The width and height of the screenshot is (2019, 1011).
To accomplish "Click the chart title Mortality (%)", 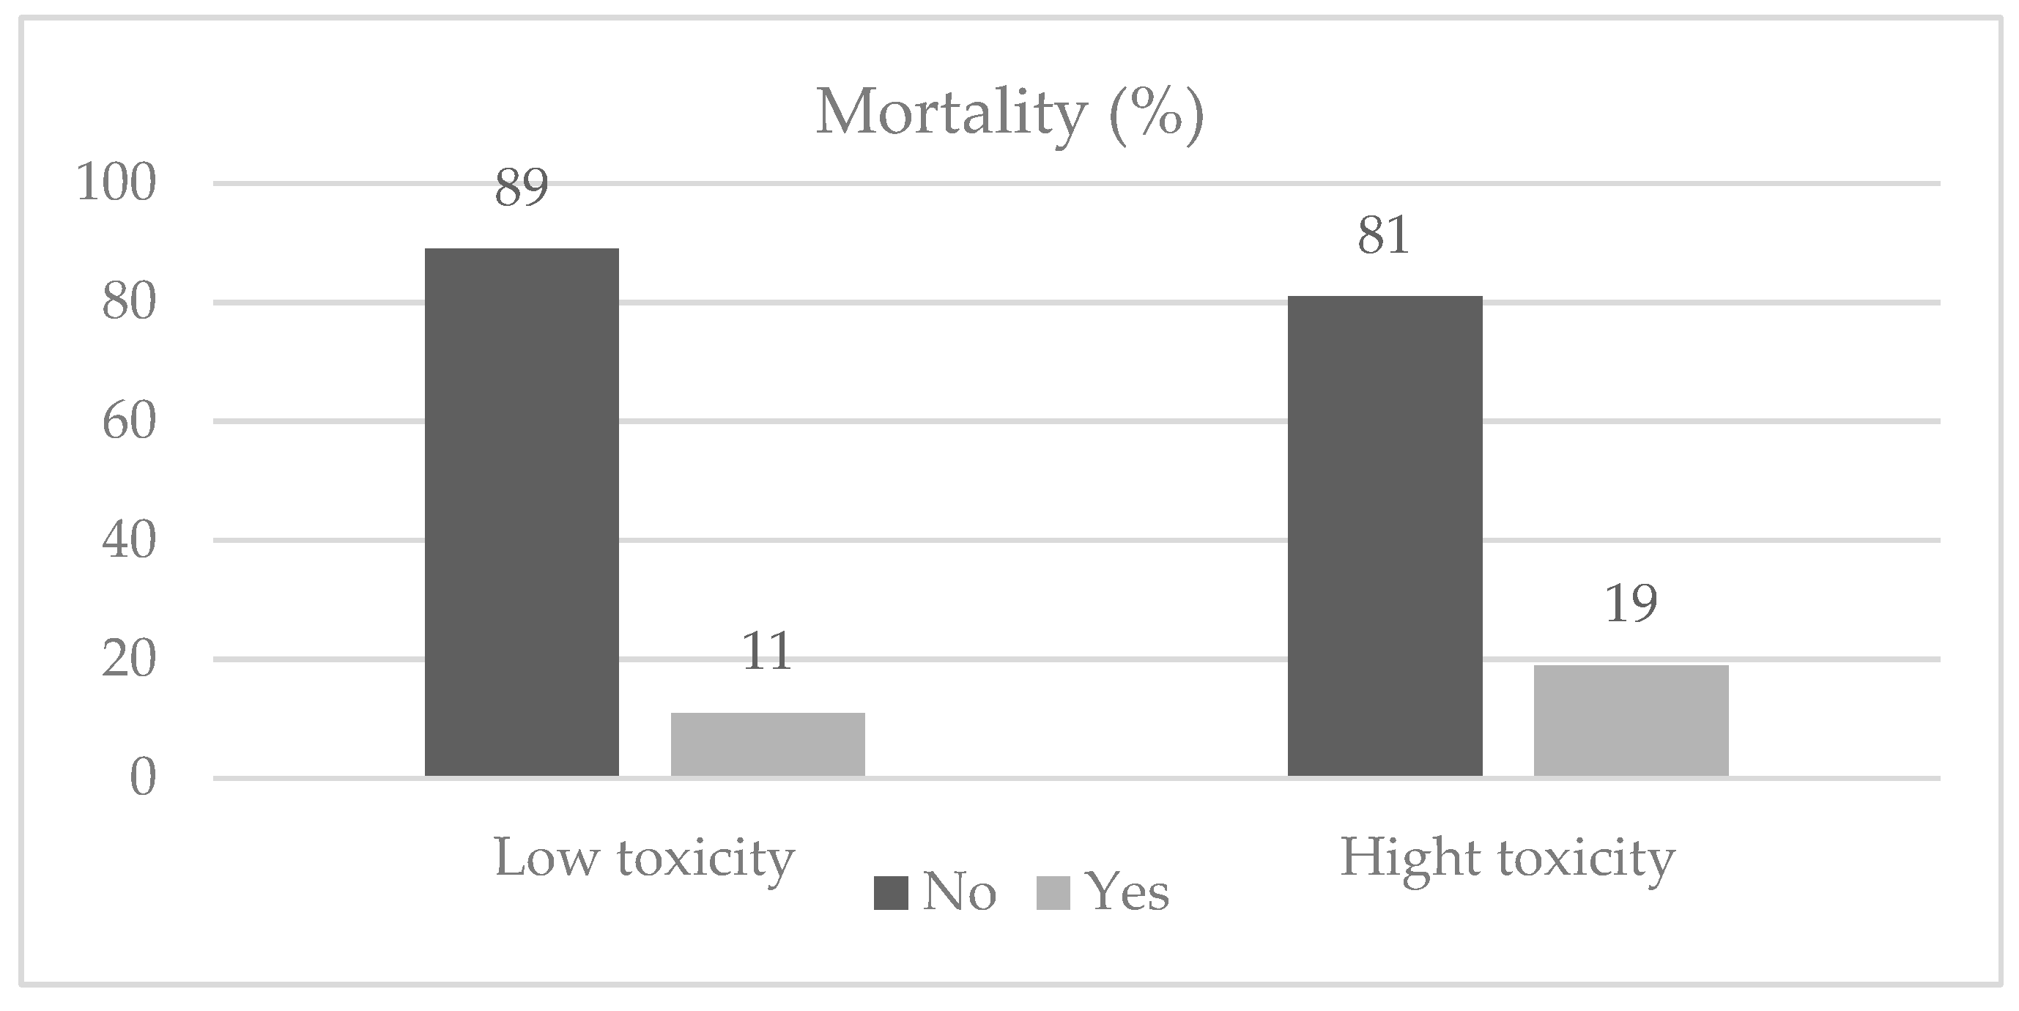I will [x=1009, y=115].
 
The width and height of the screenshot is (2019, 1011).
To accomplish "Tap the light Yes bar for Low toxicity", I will [x=767, y=744].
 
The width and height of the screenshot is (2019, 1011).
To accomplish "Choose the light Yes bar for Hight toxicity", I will [x=1631, y=720].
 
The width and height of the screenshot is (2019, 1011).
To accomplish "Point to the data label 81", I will [x=1384, y=236].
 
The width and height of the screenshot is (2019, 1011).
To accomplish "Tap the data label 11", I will [x=767, y=652].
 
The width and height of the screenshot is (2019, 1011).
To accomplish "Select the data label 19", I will [x=1631, y=604].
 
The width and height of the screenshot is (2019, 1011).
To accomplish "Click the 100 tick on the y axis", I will [x=116, y=184].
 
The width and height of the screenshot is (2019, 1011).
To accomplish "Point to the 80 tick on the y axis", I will [x=130, y=303].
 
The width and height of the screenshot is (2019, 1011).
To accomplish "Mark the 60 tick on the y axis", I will [x=130, y=422].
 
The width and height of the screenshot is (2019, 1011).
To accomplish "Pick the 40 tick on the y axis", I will [x=130, y=541].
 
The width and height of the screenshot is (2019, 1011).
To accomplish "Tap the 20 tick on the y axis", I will [x=130, y=660].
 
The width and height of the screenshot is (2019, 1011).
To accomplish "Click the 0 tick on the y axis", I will [x=143, y=779].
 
